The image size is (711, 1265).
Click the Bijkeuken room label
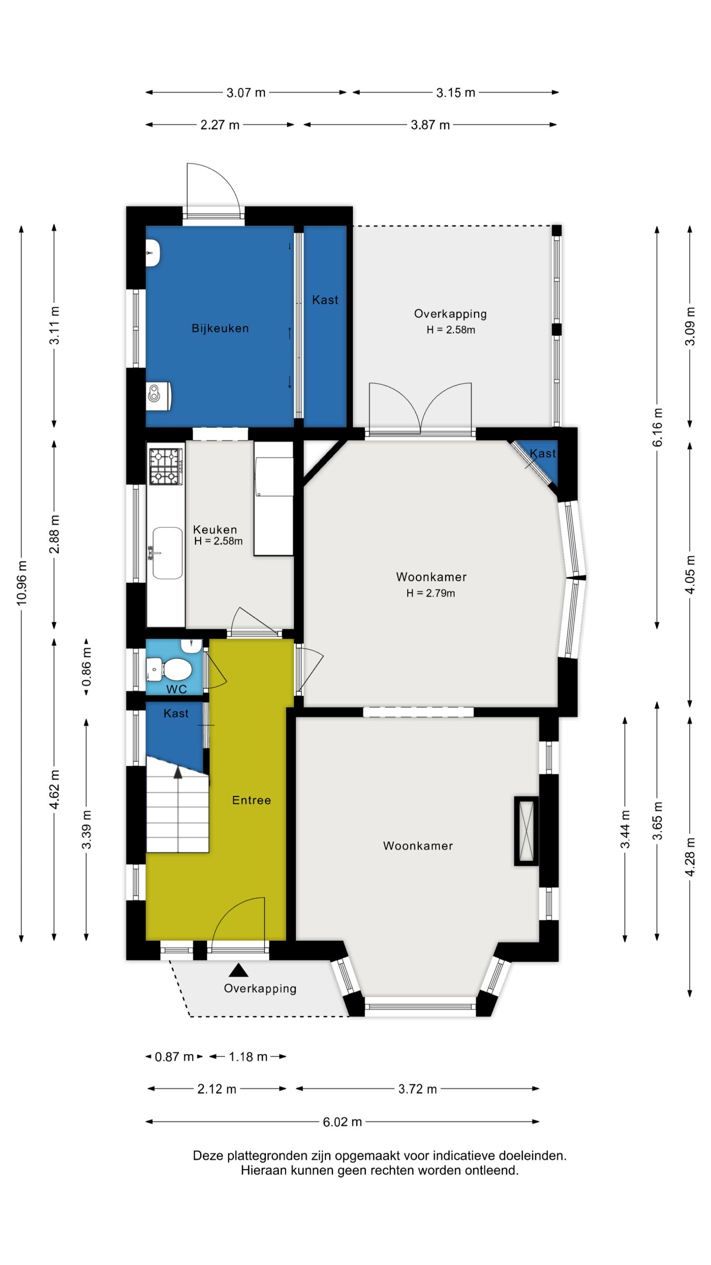[x=220, y=328]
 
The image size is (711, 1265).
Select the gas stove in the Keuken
[x=166, y=466]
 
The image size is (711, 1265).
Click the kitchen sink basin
[x=167, y=553]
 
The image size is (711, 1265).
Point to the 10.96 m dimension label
[x=22, y=583]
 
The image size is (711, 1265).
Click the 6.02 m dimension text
[x=342, y=1122]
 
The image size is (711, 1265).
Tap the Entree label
[x=252, y=800]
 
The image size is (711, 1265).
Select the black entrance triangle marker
[x=239, y=970]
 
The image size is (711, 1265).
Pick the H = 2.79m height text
[x=430, y=593]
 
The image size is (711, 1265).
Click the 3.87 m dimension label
[x=430, y=125]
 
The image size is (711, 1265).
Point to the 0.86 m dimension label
[x=86, y=667]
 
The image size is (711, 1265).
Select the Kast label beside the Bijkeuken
[x=325, y=300]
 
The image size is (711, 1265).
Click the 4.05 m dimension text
[x=690, y=574]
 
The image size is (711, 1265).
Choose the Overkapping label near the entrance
[x=260, y=989]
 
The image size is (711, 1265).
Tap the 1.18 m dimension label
[x=248, y=1057]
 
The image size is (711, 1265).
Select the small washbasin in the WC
[x=191, y=646]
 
